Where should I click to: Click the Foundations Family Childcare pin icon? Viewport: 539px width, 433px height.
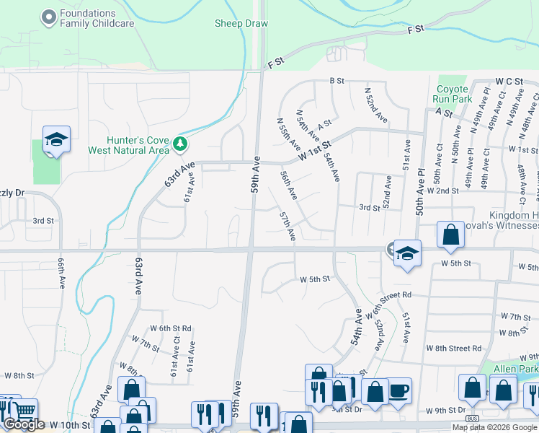tap(49, 17)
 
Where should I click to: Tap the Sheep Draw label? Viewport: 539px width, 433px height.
tap(241, 24)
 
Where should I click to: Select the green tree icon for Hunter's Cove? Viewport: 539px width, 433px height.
tap(180, 145)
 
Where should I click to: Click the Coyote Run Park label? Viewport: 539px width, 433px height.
tap(452, 94)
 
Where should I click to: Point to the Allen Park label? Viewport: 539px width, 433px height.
tap(516, 369)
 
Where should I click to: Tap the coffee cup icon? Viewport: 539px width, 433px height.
tap(399, 391)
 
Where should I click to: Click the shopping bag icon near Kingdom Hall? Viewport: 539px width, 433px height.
tap(450, 235)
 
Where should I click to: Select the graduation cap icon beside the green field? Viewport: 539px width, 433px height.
tap(56, 139)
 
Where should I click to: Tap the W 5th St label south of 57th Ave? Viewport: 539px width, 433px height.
tap(314, 279)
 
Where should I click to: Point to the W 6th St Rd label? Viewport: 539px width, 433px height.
tap(170, 328)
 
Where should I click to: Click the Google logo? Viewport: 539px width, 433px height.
tap(24, 424)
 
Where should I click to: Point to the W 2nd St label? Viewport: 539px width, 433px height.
tap(442, 191)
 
